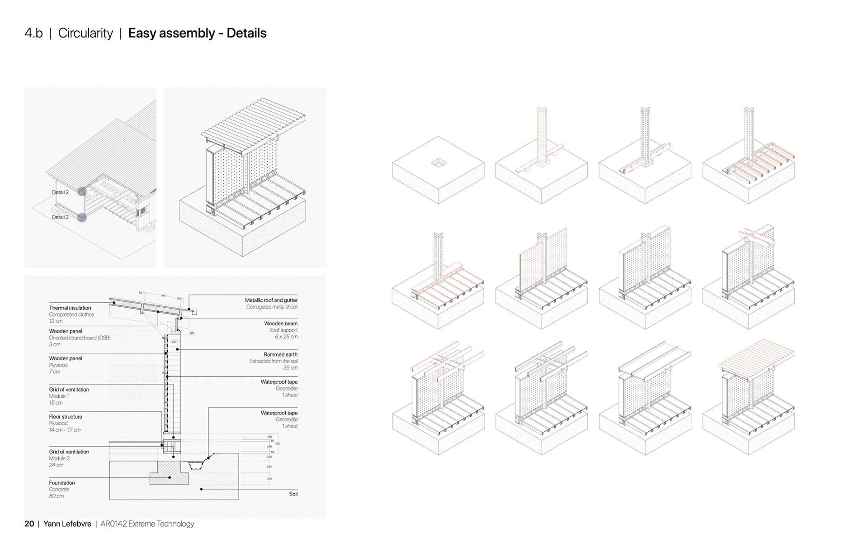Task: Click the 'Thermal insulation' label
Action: [x=70, y=308]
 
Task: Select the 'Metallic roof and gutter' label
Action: [x=271, y=300]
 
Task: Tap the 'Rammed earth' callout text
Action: [x=280, y=354]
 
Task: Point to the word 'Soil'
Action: [x=293, y=494]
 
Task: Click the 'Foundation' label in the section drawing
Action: [x=62, y=483]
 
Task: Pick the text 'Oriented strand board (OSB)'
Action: [x=80, y=338]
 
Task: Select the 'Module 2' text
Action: [x=59, y=458]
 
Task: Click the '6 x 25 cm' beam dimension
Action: [x=286, y=337]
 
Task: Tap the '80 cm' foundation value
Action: [x=57, y=496]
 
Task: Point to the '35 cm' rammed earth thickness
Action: [x=290, y=367]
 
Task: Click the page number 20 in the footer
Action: [x=29, y=524]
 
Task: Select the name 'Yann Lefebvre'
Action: [x=67, y=524]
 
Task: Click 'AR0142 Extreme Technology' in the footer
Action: [x=147, y=524]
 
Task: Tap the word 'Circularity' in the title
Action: [x=85, y=33]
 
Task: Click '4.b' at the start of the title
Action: [x=33, y=33]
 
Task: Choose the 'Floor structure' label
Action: [x=66, y=417]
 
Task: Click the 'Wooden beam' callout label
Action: [x=281, y=324]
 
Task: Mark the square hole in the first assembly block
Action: [x=439, y=162]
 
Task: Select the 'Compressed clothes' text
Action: [x=71, y=314]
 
